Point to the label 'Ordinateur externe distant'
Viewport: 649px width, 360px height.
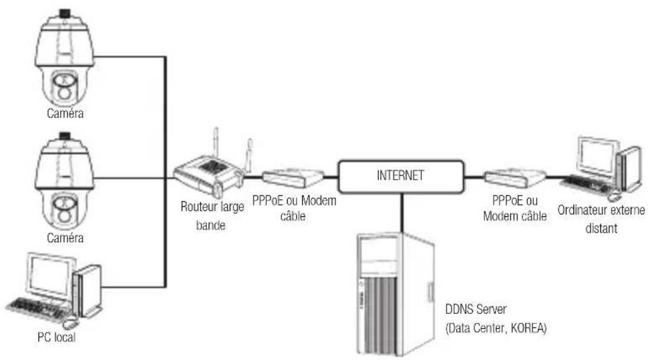[600, 219]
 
